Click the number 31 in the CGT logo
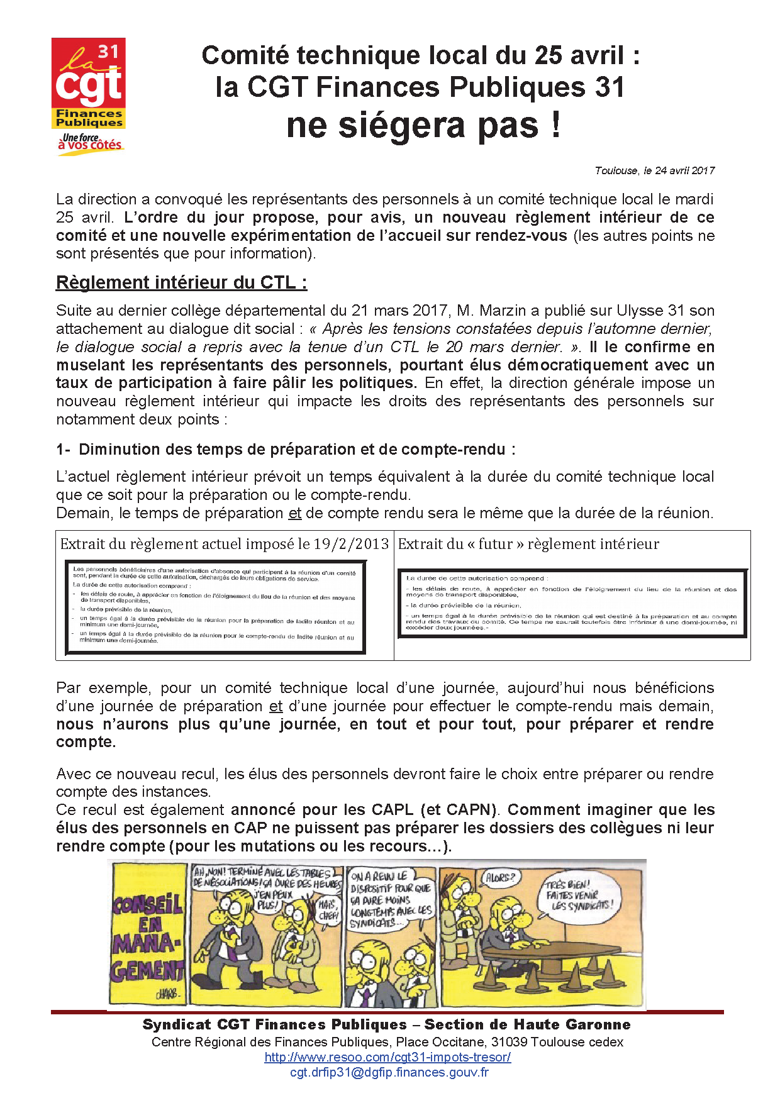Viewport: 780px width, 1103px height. point(108,52)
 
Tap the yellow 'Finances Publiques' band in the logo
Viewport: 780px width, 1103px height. point(89,118)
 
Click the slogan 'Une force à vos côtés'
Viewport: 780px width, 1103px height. point(90,142)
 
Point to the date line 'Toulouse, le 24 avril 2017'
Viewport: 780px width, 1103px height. point(654,170)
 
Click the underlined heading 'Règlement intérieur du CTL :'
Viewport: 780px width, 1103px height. point(181,282)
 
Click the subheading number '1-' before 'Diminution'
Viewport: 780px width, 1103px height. point(63,450)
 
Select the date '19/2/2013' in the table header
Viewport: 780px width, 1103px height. point(351,544)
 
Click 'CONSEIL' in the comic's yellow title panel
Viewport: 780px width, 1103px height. point(148,904)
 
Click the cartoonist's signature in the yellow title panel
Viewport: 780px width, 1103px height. point(167,995)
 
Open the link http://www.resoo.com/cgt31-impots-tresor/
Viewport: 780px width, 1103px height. point(387,1057)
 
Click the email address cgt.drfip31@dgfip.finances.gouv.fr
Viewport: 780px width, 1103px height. point(389,1072)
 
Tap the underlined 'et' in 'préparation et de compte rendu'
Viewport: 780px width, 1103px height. point(295,513)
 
